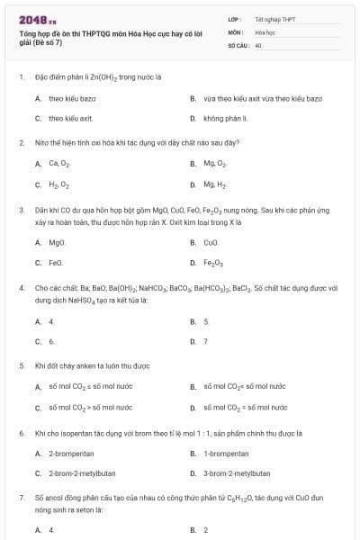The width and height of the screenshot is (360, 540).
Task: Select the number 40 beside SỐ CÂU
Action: (258, 44)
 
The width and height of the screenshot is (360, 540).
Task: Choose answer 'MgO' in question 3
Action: (58, 242)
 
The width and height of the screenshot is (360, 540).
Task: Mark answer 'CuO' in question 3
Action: (211, 242)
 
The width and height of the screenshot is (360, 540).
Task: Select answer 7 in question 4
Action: (206, 341)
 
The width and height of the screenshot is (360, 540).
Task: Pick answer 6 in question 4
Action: (51, 341)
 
